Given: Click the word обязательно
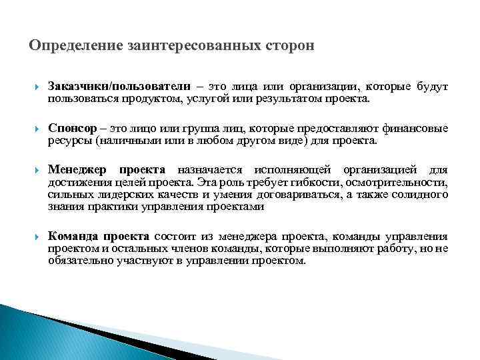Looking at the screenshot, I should [77, 261].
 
